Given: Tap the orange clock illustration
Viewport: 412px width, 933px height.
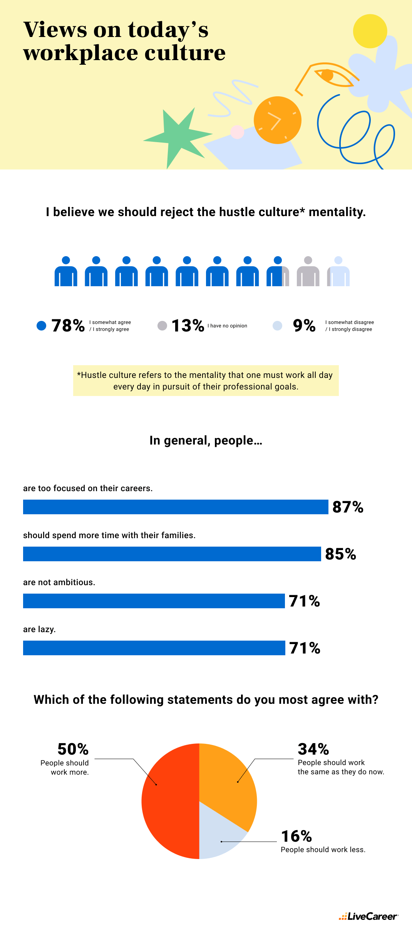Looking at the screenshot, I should (277, 120).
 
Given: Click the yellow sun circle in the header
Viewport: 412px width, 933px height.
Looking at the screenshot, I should (370, 31).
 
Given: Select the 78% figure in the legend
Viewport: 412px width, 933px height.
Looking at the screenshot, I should (68, 326).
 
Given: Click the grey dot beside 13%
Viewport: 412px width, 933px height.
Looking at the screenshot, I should (162, 326).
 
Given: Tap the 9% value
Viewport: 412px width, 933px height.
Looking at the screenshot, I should (304, 326).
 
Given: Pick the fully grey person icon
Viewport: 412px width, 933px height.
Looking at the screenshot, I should (308, 272).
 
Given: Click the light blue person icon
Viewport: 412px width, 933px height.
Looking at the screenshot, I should (339, 272).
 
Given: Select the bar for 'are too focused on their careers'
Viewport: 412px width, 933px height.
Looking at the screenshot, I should (175, 507).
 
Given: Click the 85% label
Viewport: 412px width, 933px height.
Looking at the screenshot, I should (340, 554).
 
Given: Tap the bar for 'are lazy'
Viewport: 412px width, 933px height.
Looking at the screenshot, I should (154, 648).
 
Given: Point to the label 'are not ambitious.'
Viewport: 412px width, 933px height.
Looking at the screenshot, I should (59, 582).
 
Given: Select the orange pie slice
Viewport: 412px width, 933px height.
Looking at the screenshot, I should (227, 782).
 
